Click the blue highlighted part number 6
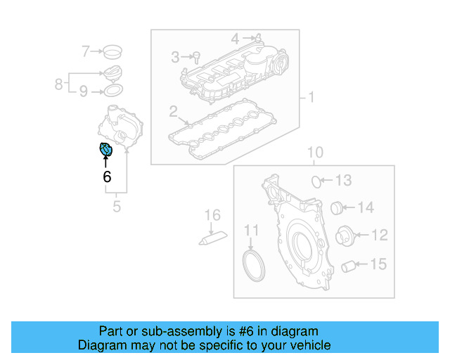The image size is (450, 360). coord(105,150)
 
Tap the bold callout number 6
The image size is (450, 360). coord(107,176)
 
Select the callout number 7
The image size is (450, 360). coord(86,51)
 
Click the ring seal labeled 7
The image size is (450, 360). coord(111,51)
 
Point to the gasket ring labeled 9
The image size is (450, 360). coord(112,91)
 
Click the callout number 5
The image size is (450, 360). coord(117,206)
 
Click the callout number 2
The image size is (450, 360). coord(173,111)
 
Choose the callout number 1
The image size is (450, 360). coord(310,97)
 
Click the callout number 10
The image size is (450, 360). coord(314,153)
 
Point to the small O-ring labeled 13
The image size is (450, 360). coord(317,181)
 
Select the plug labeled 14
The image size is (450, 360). coord(337,207)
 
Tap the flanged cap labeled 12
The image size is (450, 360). coord(345,236)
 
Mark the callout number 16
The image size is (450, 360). coord(212,214)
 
